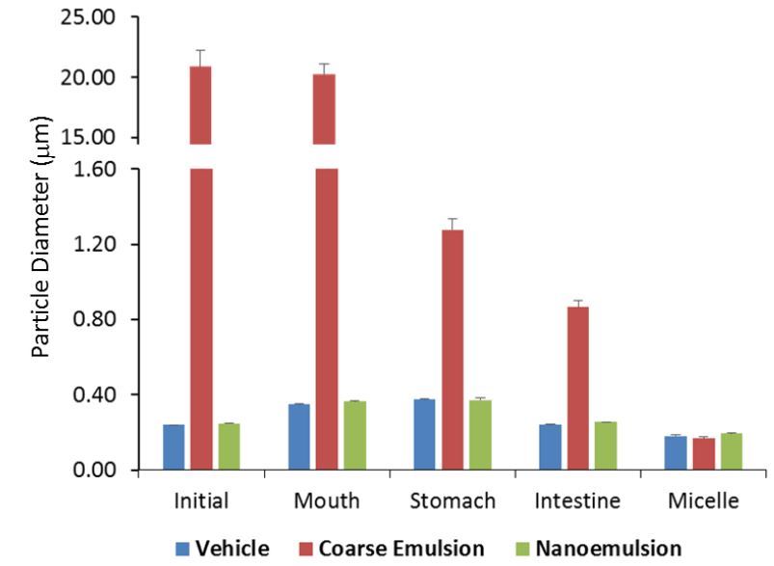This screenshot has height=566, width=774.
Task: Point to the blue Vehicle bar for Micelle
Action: click(x=676, y=453)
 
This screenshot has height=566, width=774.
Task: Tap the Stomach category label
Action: click(x=452, y=501)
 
